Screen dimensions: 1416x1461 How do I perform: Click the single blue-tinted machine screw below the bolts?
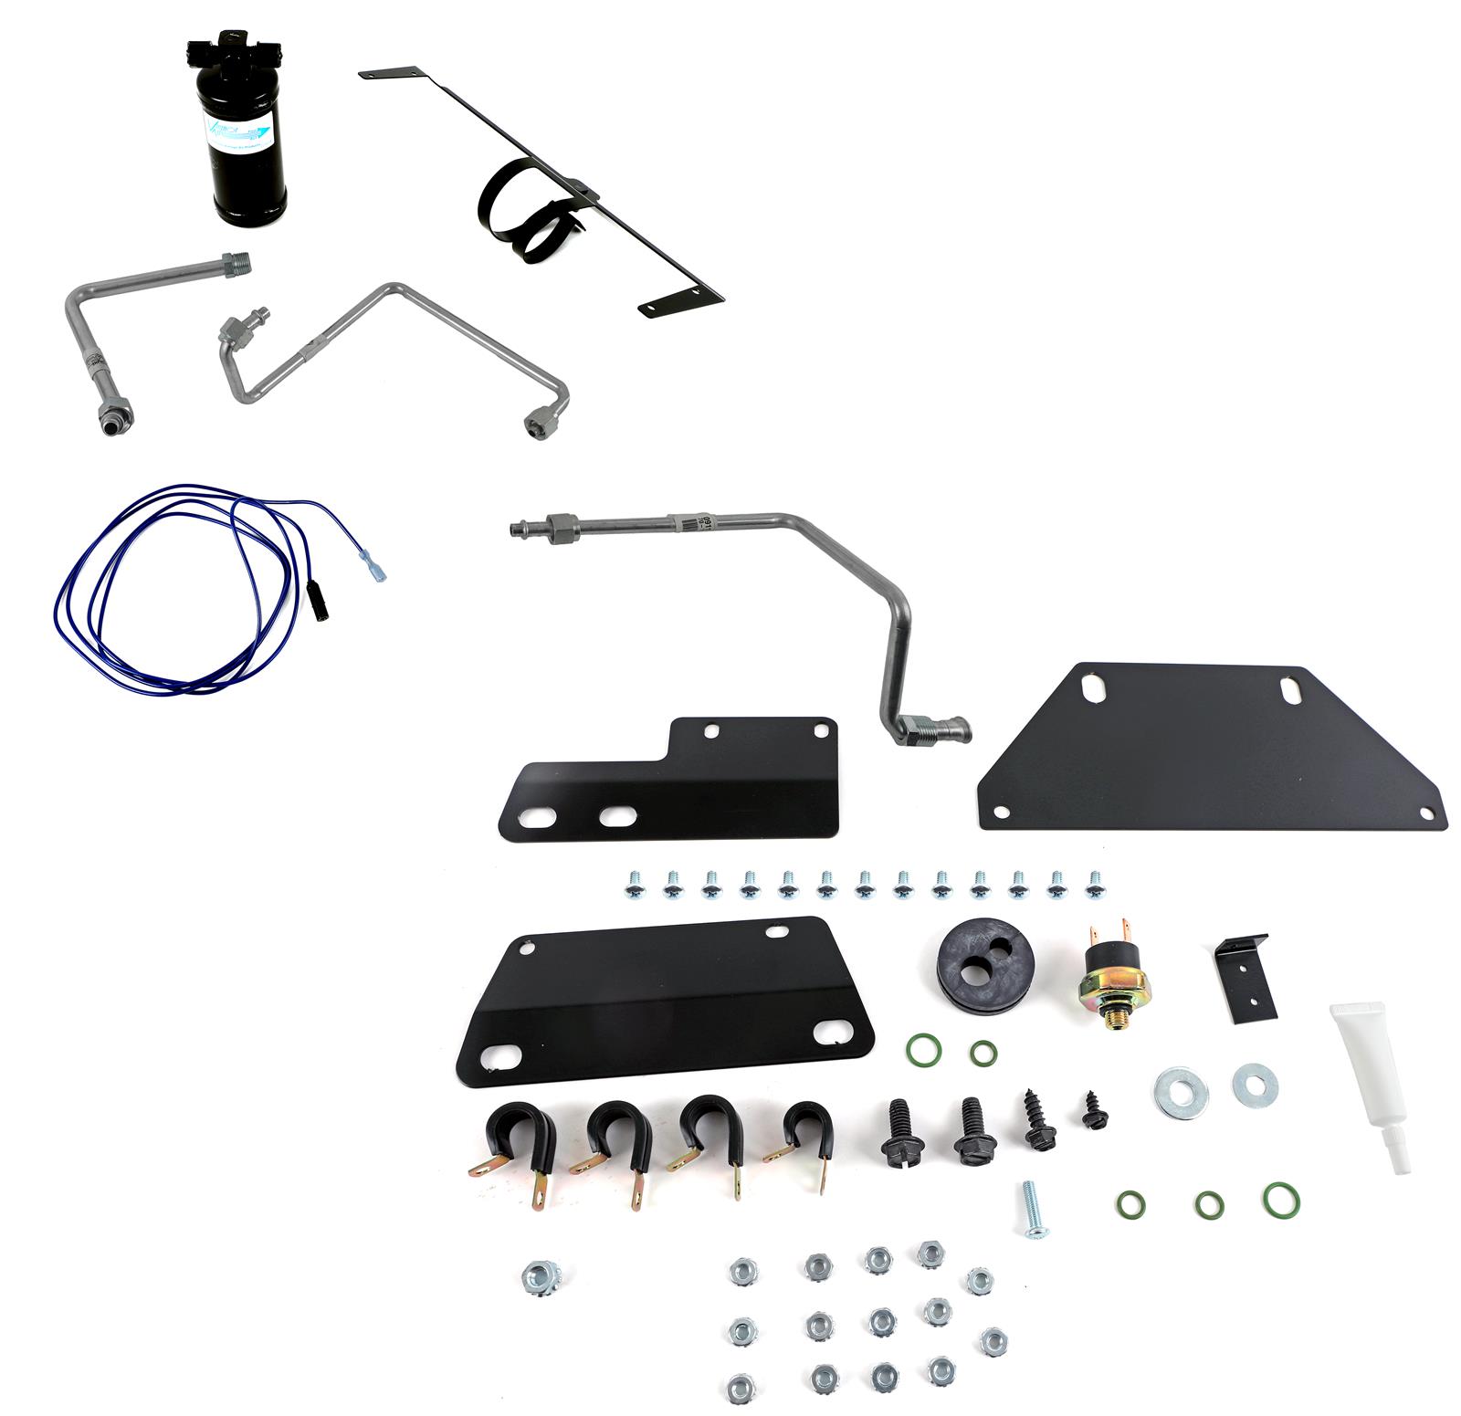1032,1211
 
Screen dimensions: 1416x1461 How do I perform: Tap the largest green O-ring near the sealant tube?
1282,1200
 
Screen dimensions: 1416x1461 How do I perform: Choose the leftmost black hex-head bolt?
898,1133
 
